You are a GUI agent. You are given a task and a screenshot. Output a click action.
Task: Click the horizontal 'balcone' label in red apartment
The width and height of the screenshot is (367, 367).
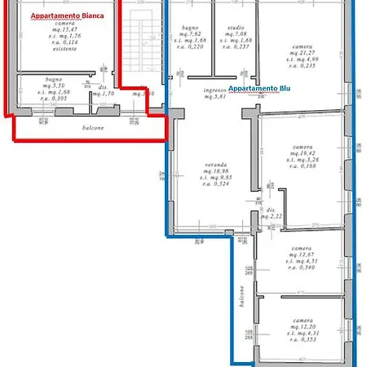pyautogui.click(x=91, y=129)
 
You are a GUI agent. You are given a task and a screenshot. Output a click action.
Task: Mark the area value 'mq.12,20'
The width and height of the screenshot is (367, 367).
pyautogui.click(x=295, y=325)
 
